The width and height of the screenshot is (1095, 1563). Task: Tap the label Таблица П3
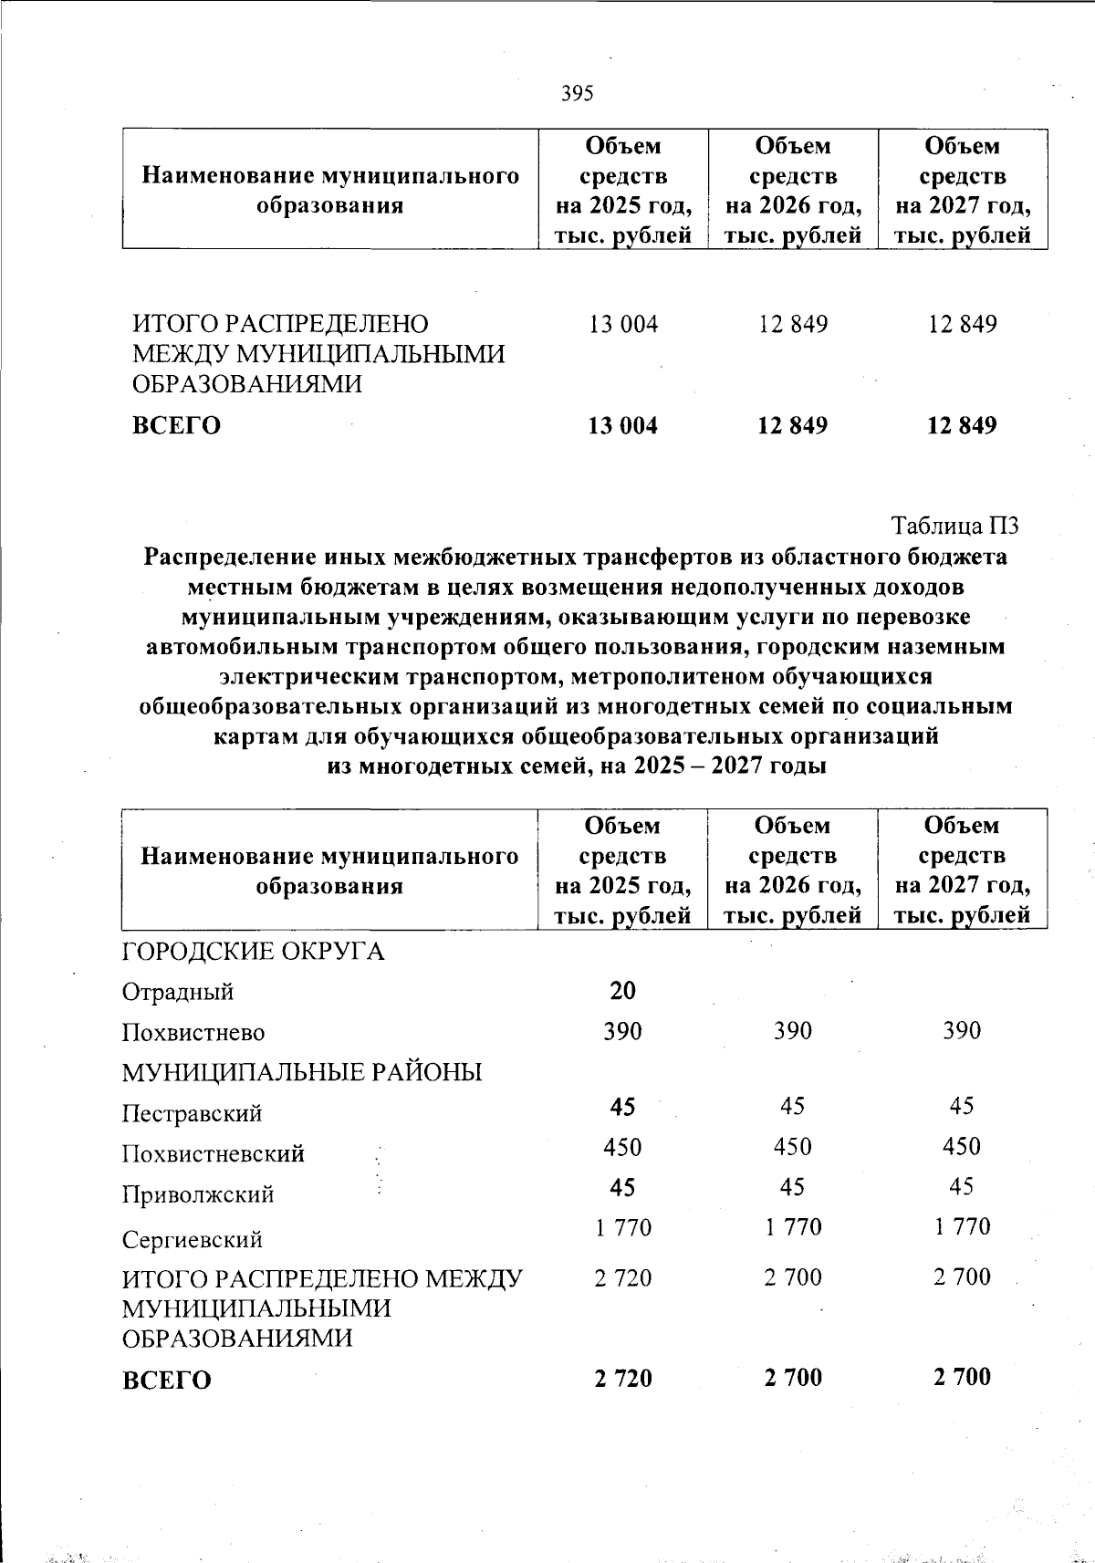(954, 526)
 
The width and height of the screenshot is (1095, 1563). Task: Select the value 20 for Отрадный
(622, 990)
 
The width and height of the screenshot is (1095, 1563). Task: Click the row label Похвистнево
(193, 1033)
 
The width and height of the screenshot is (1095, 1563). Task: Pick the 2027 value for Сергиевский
(962, 1227)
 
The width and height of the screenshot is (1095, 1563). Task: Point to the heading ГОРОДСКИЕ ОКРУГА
(254, 952)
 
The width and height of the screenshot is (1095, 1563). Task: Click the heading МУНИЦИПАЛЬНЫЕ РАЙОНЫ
(302, 1072)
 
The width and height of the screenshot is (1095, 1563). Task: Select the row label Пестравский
(193, 1113)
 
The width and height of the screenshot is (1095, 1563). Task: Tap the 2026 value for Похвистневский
(792, 1147)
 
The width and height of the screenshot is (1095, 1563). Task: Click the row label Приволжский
(198, 1194)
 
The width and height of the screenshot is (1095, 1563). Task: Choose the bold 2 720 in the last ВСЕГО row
(622, 1378)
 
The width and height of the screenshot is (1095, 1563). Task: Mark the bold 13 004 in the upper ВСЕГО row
(623, 426)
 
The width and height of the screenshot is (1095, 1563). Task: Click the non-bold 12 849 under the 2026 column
(793, 325)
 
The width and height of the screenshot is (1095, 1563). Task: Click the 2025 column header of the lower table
(622, 870)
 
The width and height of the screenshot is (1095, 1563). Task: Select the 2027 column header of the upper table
(962, 190)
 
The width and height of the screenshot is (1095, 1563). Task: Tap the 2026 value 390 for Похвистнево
(792, 1031)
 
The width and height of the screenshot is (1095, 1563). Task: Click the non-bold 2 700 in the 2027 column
(962, 1277)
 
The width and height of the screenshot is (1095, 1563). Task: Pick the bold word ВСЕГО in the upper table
(176, 426)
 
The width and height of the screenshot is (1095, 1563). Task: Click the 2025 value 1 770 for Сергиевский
(622, 1228)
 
